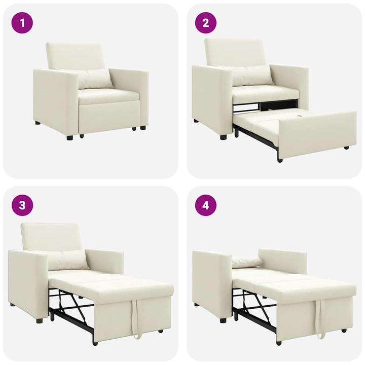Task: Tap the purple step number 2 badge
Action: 206,23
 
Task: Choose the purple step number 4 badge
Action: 206,205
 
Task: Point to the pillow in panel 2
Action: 252,76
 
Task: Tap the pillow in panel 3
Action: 68,260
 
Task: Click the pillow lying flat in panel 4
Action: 247,262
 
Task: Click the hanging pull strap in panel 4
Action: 320,322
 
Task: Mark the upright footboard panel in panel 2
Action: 317,134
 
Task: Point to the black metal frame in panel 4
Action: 253,309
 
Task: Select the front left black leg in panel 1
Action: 69,136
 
